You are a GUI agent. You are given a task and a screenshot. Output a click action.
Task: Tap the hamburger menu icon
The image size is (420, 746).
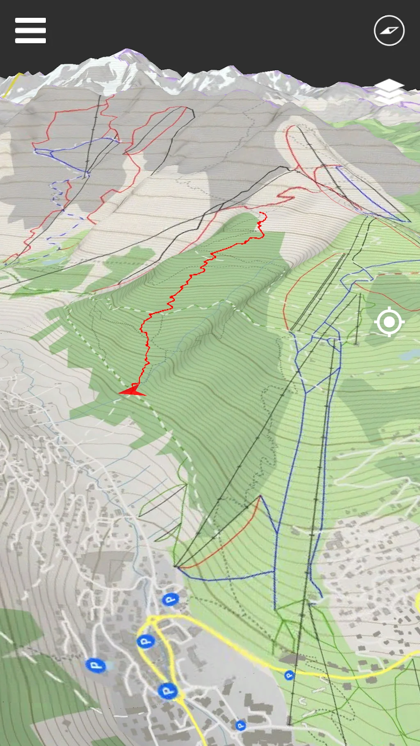pos(30,30)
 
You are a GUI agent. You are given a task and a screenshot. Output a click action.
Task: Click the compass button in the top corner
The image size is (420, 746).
pos(389,30)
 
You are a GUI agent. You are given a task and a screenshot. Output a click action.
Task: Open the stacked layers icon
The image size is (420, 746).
pos(389,91)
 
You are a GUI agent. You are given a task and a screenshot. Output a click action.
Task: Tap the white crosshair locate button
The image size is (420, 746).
pos(389,322)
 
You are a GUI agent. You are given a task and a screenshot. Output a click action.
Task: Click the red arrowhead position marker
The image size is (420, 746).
pos(132,391)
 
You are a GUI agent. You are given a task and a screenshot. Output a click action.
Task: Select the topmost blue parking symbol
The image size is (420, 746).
pos(169,600)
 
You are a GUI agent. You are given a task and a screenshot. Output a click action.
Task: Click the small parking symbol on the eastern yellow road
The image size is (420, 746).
pos(289,675)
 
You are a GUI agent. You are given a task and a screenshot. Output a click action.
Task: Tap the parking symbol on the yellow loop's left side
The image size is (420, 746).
pos(144,641)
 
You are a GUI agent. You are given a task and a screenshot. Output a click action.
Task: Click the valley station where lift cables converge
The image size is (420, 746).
pos(176,566)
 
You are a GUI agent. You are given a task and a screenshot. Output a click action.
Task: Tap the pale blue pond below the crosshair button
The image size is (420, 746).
pos(408,355)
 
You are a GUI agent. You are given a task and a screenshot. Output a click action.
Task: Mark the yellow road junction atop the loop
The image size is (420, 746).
pos(152,618)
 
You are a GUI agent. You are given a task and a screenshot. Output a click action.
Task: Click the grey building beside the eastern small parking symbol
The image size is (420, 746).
pos(292,658)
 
